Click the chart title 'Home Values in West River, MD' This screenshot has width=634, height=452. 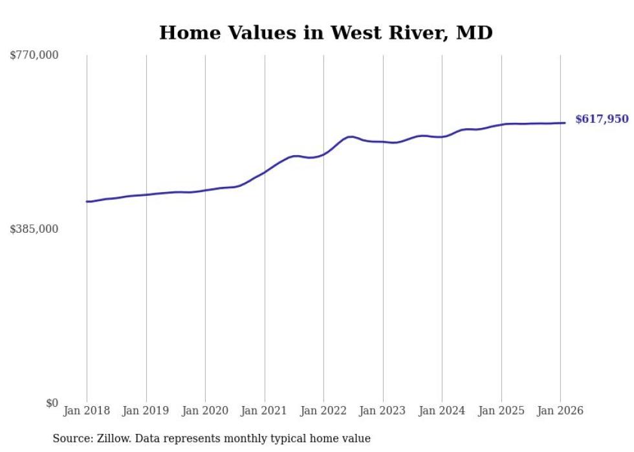(x=325, y=33)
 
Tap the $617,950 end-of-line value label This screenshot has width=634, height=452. (x=602, y=119)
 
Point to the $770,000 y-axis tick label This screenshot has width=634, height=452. (x=34, y=56)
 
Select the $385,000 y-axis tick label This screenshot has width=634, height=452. (x=34, y=229)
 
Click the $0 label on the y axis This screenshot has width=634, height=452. (x=52, y=403)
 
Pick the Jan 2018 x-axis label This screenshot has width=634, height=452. (x=87, y=411)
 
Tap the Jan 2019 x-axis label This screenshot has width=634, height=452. (x=146, y=411)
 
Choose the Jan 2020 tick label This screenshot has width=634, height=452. (x=205, y=411)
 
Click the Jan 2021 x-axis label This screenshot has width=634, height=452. (x=265, y=411)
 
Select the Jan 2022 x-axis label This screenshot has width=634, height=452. (x=323, y=411)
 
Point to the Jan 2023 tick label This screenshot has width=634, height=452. (x=383, y=411)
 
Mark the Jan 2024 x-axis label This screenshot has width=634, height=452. (x=442, y=411)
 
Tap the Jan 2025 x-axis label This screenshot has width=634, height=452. (x=501, y=411)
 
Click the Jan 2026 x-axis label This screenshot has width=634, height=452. (x=560, y=411)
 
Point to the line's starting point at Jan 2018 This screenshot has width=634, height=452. (x=87, y=202)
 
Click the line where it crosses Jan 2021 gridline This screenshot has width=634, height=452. (x=265, y=172)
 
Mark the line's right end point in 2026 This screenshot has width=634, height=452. (x=565, y=123)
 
